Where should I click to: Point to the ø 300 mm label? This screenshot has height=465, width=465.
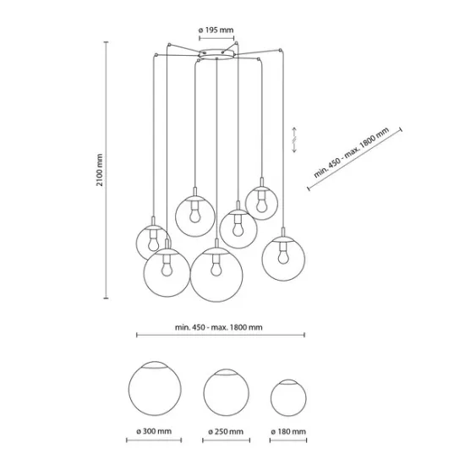tap(154, 431)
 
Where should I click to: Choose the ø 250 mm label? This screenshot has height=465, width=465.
tap(225, 431)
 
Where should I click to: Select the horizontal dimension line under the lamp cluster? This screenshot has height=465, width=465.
tap(221, 336)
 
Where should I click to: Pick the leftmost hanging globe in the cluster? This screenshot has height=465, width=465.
tap(153, 241)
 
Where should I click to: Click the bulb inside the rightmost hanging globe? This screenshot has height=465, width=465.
tap(282, 254)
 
